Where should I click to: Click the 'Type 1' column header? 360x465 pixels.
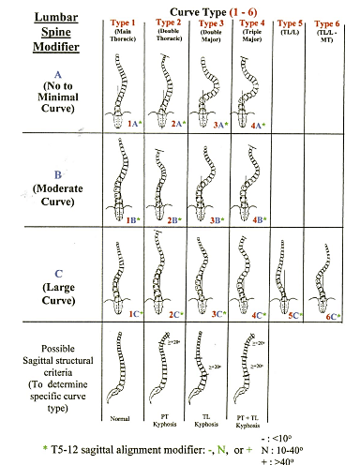(x=123, y=22)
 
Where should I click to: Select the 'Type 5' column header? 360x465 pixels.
(x=292, y=22)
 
